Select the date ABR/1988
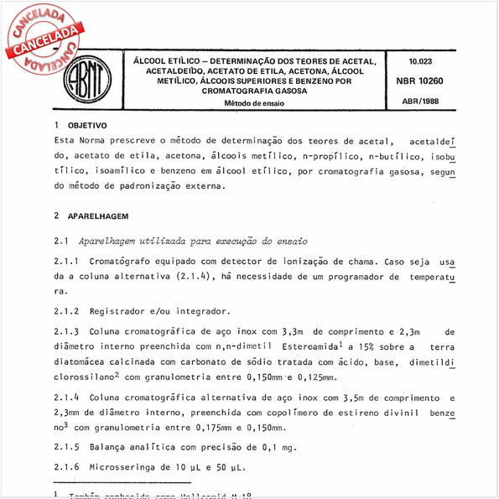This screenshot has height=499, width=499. [x=418, y=101]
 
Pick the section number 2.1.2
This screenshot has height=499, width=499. [x=66, y=310]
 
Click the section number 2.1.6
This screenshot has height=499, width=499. [x=66, y=466]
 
